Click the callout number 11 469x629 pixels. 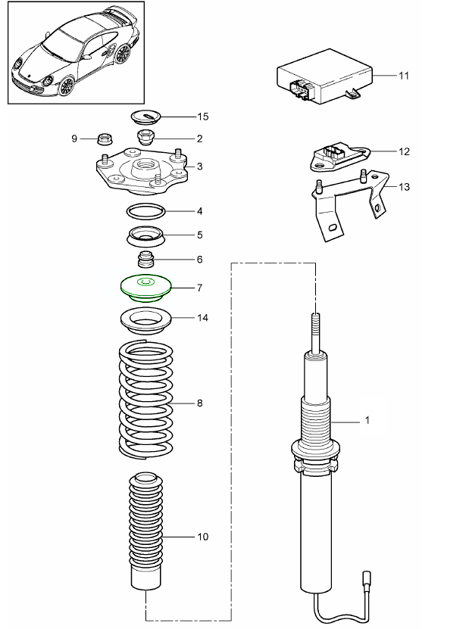(x=403, y=76)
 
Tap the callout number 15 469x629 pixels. (x=202, y=117)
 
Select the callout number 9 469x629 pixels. (x=74, y=138)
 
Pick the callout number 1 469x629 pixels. (x=367, y=420)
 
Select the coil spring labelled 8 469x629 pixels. (x=146, y=401)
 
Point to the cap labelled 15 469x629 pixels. (x=145, y=117)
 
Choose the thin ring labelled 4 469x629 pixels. (x=146, y=210)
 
